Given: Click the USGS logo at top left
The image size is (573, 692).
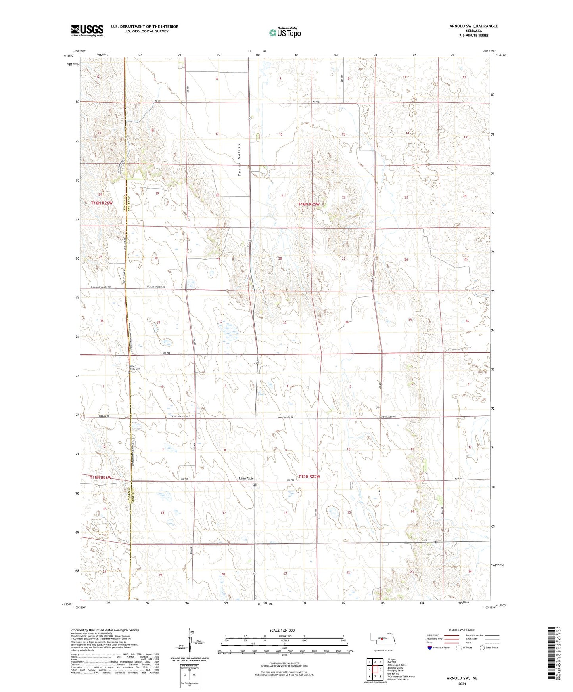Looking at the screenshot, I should click(x=87, y=31).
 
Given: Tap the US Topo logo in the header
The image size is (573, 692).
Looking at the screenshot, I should click(x=285, y=32).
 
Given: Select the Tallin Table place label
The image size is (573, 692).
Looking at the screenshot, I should click(x=246, y=478).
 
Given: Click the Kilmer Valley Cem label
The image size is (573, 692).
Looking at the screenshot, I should click(x=133, y=367).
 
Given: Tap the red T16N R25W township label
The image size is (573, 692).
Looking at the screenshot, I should click(x=309, y=204).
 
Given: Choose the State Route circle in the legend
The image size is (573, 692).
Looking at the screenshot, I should click(x=482, y=648).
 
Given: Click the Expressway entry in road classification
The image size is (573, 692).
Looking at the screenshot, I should click(x=432, y=635).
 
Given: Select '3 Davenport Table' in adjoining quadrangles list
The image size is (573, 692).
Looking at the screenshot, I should click(x=397, y=665).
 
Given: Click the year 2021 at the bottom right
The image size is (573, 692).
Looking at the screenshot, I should click(x=462, y=684).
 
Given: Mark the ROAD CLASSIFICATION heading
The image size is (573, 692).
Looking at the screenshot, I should click(x=462, y=630).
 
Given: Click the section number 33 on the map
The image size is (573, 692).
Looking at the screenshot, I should click(x=285, y=323).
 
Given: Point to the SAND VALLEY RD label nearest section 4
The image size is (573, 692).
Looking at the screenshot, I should click(x=286, y=417).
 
